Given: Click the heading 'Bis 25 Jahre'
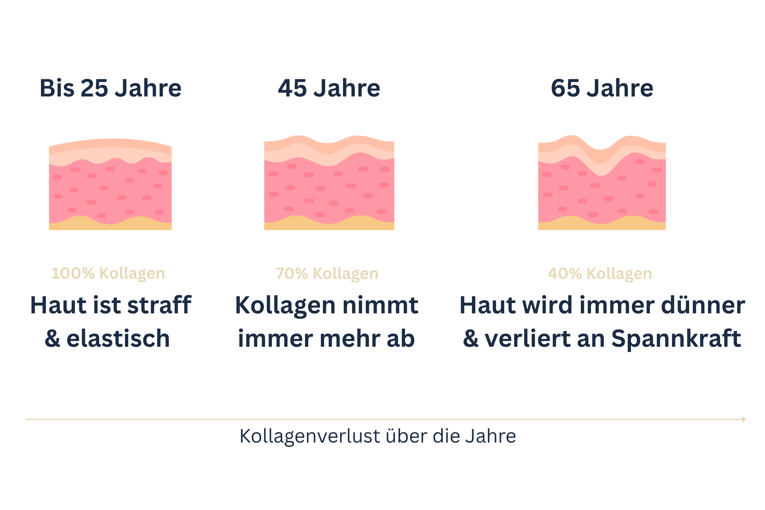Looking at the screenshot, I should (x=111, y=88).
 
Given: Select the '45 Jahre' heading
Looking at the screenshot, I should (x=329, y=88).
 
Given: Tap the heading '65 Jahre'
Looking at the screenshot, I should (x=602, y=88).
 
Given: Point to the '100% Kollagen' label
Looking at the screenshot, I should (x=108, y=273).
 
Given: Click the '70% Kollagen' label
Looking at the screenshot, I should (x=327, y=274).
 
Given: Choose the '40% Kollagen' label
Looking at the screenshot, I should (x=600, y=274).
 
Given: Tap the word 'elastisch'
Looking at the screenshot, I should (x=118, y=339).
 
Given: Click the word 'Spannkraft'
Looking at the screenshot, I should (x=676, y=339).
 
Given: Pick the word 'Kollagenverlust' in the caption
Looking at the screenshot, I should (x=310, y=436).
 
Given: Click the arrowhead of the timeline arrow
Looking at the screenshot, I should (x=744, y=419).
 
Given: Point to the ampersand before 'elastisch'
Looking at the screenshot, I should (x=53, y=339).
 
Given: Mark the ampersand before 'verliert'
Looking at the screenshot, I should (x=471, y=339).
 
